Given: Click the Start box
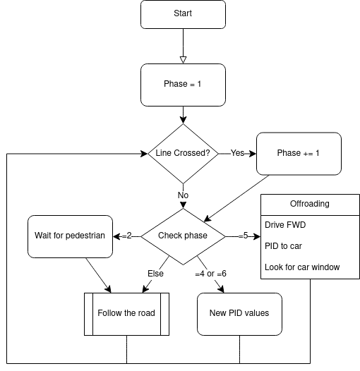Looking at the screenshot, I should (183, 14).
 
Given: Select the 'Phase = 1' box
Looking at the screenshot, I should (183, 84).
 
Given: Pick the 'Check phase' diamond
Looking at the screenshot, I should (183, 236).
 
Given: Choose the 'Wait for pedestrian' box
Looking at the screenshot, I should (71, 236).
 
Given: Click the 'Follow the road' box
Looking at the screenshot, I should (126, 313).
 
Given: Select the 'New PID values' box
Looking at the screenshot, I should (239, 313).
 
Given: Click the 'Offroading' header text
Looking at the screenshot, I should (309, 204).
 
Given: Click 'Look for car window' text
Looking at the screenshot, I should (302, 267).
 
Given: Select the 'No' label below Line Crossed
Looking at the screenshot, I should (183, 195).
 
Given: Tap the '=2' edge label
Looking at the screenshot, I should (126, 236).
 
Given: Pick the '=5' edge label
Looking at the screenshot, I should (243, 236).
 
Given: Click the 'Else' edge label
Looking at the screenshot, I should (155, 273).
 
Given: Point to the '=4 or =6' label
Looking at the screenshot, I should (212, 273).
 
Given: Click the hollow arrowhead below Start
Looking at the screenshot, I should (183, 59).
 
